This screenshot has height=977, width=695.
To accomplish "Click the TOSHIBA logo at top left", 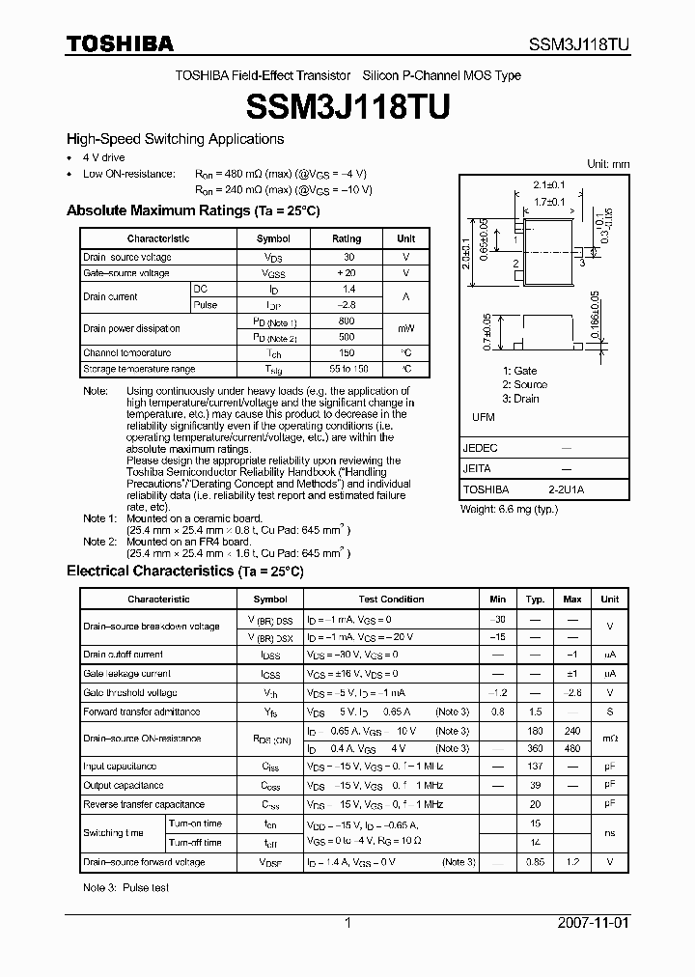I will tap(120, 43).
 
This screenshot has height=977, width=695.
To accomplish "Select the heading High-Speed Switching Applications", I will tap(175, 139).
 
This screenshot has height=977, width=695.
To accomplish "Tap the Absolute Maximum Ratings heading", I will tap(192, 210).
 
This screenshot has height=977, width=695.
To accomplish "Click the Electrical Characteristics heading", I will tap(184, 572).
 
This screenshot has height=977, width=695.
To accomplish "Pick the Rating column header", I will tap(347, 238).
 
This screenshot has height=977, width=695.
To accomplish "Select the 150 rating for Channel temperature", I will tap(347, 353).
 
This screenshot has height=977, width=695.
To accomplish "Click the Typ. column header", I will tap(535, 600).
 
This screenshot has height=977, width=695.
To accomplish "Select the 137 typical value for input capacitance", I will tap(535, 767).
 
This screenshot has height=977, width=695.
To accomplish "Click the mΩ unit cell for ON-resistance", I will tap(609, 739).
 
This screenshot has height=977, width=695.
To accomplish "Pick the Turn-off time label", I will tap(194, 842).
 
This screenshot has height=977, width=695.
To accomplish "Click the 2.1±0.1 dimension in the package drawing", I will tap(548, 184).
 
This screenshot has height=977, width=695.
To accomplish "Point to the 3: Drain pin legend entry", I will tap(520, 399).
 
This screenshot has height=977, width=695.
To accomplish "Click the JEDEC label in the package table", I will tap(480, 448).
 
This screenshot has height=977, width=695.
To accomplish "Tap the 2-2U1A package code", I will tap(566, 489).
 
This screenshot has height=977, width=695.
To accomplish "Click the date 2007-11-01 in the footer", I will tap(593, 923).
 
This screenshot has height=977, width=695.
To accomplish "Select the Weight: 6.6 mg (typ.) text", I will tap(509, 509).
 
